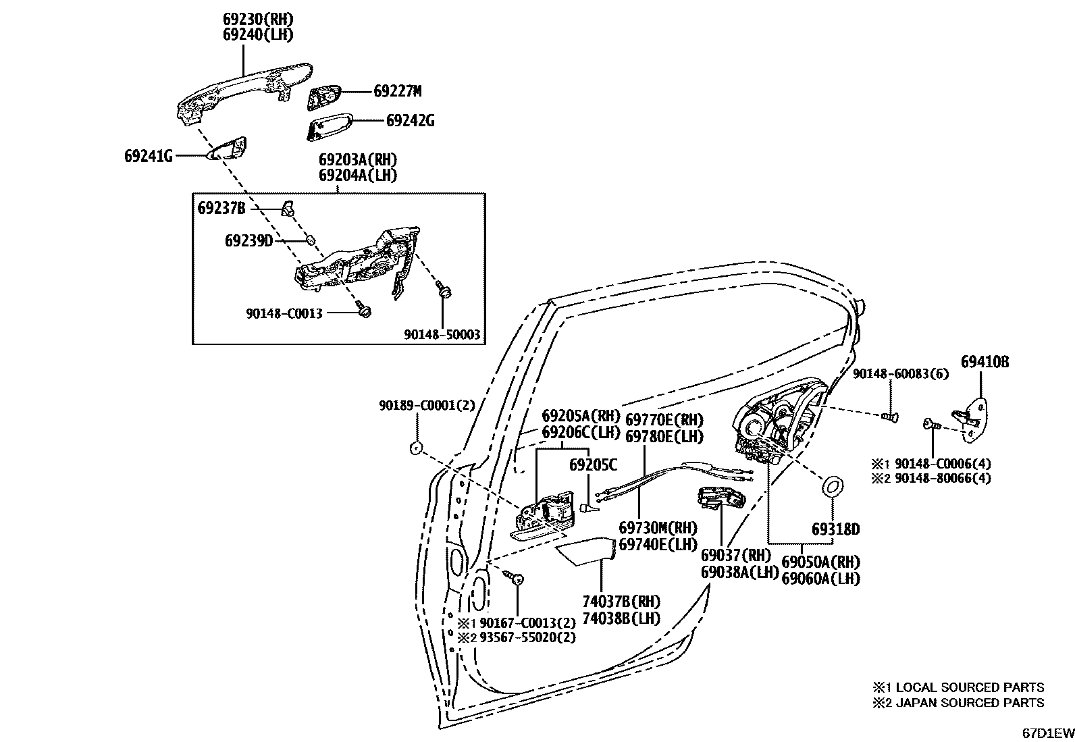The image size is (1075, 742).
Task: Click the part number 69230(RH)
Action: [259, 19]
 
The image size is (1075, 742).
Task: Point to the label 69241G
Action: [148, 156]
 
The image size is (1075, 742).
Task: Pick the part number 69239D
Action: [248, 240]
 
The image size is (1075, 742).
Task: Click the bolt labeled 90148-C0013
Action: [365, 311]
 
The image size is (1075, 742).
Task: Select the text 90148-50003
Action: [442, 334]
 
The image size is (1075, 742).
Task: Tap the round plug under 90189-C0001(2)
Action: [417, 447]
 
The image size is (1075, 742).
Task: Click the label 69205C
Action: [592, 465]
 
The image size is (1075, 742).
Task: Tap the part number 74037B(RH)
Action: [621, 601]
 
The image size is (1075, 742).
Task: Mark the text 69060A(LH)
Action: [820, 578]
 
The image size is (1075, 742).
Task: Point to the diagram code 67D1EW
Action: [1046, 732]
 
